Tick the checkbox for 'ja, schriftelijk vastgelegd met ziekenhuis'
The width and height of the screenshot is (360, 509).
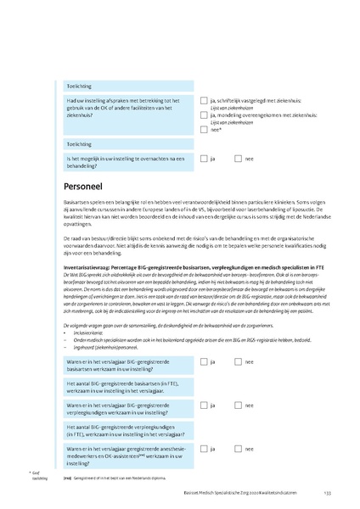point(204,101)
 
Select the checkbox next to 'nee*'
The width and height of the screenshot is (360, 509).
point(204,129)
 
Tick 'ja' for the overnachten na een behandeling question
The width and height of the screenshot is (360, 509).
point(204,159)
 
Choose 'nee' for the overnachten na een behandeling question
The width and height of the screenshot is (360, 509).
point(240,159)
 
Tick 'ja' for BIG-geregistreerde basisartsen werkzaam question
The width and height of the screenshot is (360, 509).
point(204,361)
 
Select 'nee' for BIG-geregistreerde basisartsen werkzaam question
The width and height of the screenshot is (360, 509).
point(240,361)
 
